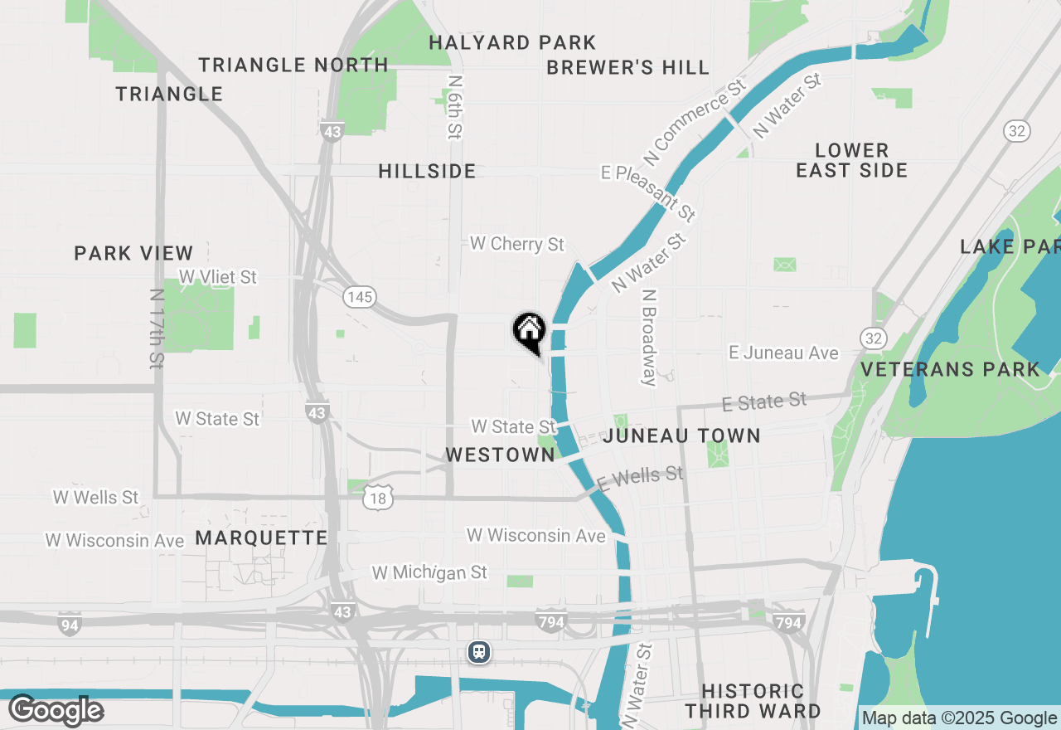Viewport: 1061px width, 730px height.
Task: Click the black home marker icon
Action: coord(529,332)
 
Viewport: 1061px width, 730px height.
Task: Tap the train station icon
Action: coord(478,652)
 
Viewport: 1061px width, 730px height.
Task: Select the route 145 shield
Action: coord(361,296)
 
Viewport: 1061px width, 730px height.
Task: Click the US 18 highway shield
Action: coord(379,498)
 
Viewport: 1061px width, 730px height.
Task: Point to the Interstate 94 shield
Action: coord(70,625)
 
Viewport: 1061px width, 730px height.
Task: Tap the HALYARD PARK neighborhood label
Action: coord(512,42)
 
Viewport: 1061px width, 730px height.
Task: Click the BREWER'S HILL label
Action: coord(627,67)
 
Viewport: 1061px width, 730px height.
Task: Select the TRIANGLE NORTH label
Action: coord(293,65)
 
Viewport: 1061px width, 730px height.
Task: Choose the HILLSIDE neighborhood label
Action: coord(427,171)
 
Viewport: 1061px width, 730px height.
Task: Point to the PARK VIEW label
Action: coord(133,253)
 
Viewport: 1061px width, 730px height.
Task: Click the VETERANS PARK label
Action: coord(950,369)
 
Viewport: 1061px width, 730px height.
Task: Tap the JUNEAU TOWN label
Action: coord(682,436)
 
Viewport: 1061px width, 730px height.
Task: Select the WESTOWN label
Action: coord(500,455)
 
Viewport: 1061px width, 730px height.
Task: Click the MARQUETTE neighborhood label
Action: coord(262,538)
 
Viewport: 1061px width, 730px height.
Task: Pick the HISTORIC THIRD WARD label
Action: coord(753,701)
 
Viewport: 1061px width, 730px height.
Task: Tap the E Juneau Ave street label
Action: coord(783,353)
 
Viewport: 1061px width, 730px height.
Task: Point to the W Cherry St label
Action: coord(516,244)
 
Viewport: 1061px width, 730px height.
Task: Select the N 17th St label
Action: coord(157,328)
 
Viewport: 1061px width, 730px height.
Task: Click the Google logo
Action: coord(56,709)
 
